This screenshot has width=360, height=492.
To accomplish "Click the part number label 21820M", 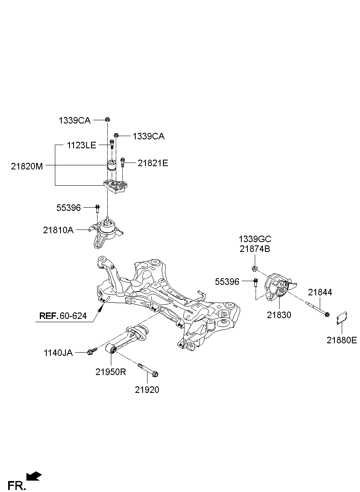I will point(27,166).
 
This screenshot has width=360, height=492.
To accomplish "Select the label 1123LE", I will point(81,145).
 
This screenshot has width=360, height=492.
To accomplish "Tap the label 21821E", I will point(152,163).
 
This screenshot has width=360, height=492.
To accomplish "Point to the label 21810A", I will point(58,230).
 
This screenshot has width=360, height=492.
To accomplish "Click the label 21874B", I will point(255,249).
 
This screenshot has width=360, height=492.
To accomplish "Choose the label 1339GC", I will point(255,239).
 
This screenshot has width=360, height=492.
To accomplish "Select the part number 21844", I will point(320,292).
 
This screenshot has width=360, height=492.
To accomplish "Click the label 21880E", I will point(341,340).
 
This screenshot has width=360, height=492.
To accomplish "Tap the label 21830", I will point(279,315).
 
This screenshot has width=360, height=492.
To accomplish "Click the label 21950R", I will point(111,372).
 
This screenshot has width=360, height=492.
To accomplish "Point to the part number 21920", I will point(147,390).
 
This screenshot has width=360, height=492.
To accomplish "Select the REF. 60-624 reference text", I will point(63,316).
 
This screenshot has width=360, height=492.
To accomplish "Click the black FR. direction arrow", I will point(34,476).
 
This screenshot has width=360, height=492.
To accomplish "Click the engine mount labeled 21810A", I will point(106,233).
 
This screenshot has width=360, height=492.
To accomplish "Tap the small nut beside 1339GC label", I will point(254,268).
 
